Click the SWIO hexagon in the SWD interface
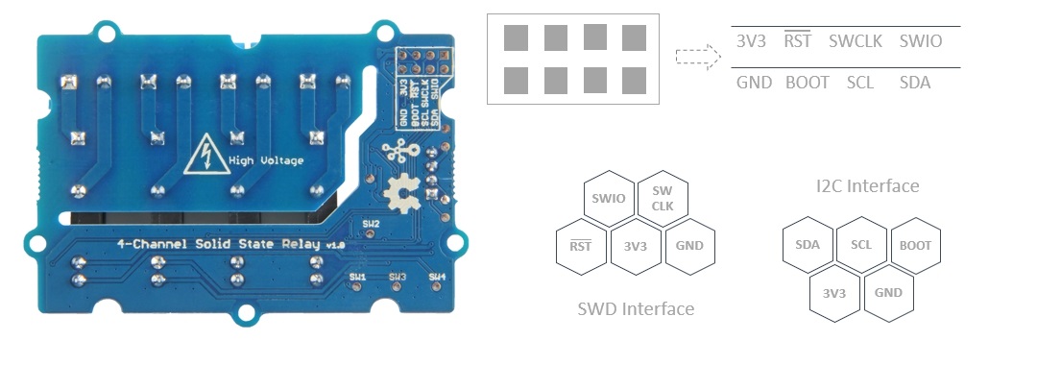click(x=610, y=199)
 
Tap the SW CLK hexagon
click(x=663, y=199)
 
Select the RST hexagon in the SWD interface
click(x=581, y=245)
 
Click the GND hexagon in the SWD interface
click(x=689, y=245)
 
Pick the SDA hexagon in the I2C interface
click(x=808, y=245)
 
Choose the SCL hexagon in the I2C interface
click(x=861, y=245)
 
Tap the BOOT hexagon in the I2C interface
click(x=915, y=245)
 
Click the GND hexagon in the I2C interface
click(x=888, y=292)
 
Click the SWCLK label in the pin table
click(x=856, y=41)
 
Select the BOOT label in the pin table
click(x=807, y=83)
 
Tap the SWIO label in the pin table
click(x=920, y=41)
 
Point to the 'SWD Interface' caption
click(x=635, y=308)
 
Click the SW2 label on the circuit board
click(x=371, y=224)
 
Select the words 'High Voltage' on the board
click(x=266, y=160)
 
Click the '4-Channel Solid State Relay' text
click(x=220, y=244)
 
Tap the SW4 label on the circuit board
click(x=437, y=277)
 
